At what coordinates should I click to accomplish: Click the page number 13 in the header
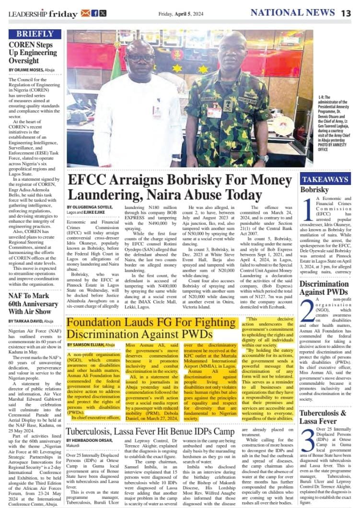point(346,13)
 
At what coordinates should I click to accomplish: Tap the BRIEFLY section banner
point(35,34)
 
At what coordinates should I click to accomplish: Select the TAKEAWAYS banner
point(325,180)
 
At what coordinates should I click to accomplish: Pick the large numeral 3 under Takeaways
point(308,439)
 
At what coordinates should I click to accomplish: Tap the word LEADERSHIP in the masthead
point(28,13)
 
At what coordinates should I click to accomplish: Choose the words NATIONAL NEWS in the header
point(292,13)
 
